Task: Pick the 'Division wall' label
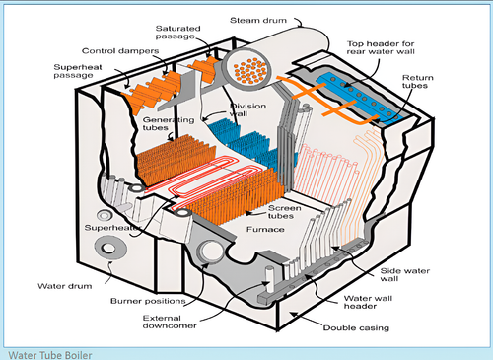247,110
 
